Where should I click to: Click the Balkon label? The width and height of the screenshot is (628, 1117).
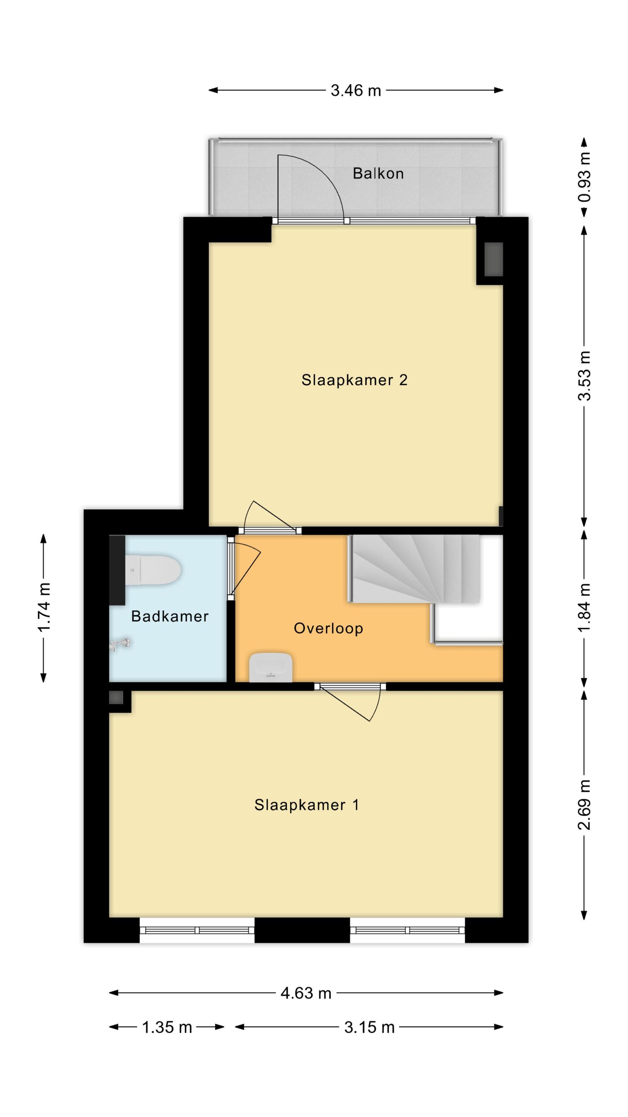[x=378, y=174]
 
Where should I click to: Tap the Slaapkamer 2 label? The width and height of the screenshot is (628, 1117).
[x=354, y=380]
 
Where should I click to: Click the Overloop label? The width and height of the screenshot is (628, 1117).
[x=328, y=628]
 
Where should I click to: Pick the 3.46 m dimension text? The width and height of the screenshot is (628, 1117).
[x=356, y=90]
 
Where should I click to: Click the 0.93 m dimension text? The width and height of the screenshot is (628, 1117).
[x=584, y=177]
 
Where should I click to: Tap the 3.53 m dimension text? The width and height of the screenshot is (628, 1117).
[x=584, y=376]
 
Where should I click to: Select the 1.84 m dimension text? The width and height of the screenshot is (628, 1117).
[x=584, y=608]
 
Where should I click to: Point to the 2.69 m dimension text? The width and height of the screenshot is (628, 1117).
[x=584, y=804]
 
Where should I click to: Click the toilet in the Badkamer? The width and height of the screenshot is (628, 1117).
[x=153, y=570]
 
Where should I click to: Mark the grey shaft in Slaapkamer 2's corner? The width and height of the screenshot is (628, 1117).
[x=493, y=259]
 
